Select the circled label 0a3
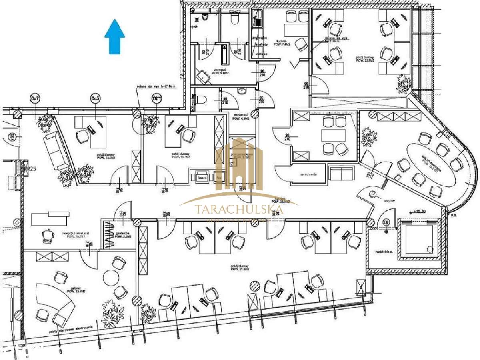(x=95, y=98)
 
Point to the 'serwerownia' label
(x=302, y=175)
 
